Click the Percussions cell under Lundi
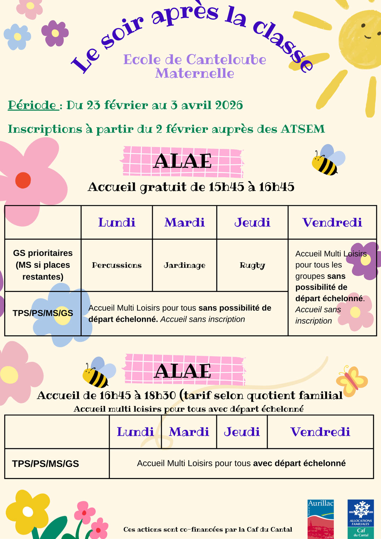coord(117,265)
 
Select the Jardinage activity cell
coord(184,265)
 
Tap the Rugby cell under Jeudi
coord(252,265)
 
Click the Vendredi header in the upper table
coord(332,222)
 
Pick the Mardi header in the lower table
coord(189,432)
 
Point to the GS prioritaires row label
coord(43,265)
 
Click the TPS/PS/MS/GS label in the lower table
coord(45,463)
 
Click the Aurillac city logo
coord(320,519)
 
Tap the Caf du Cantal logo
coord(361,519)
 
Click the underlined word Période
coord(32,105)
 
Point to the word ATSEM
coord(303,129)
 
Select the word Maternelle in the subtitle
coord(195,73)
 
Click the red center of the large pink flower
coord(23,180)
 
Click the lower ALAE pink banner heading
coord(183,371)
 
